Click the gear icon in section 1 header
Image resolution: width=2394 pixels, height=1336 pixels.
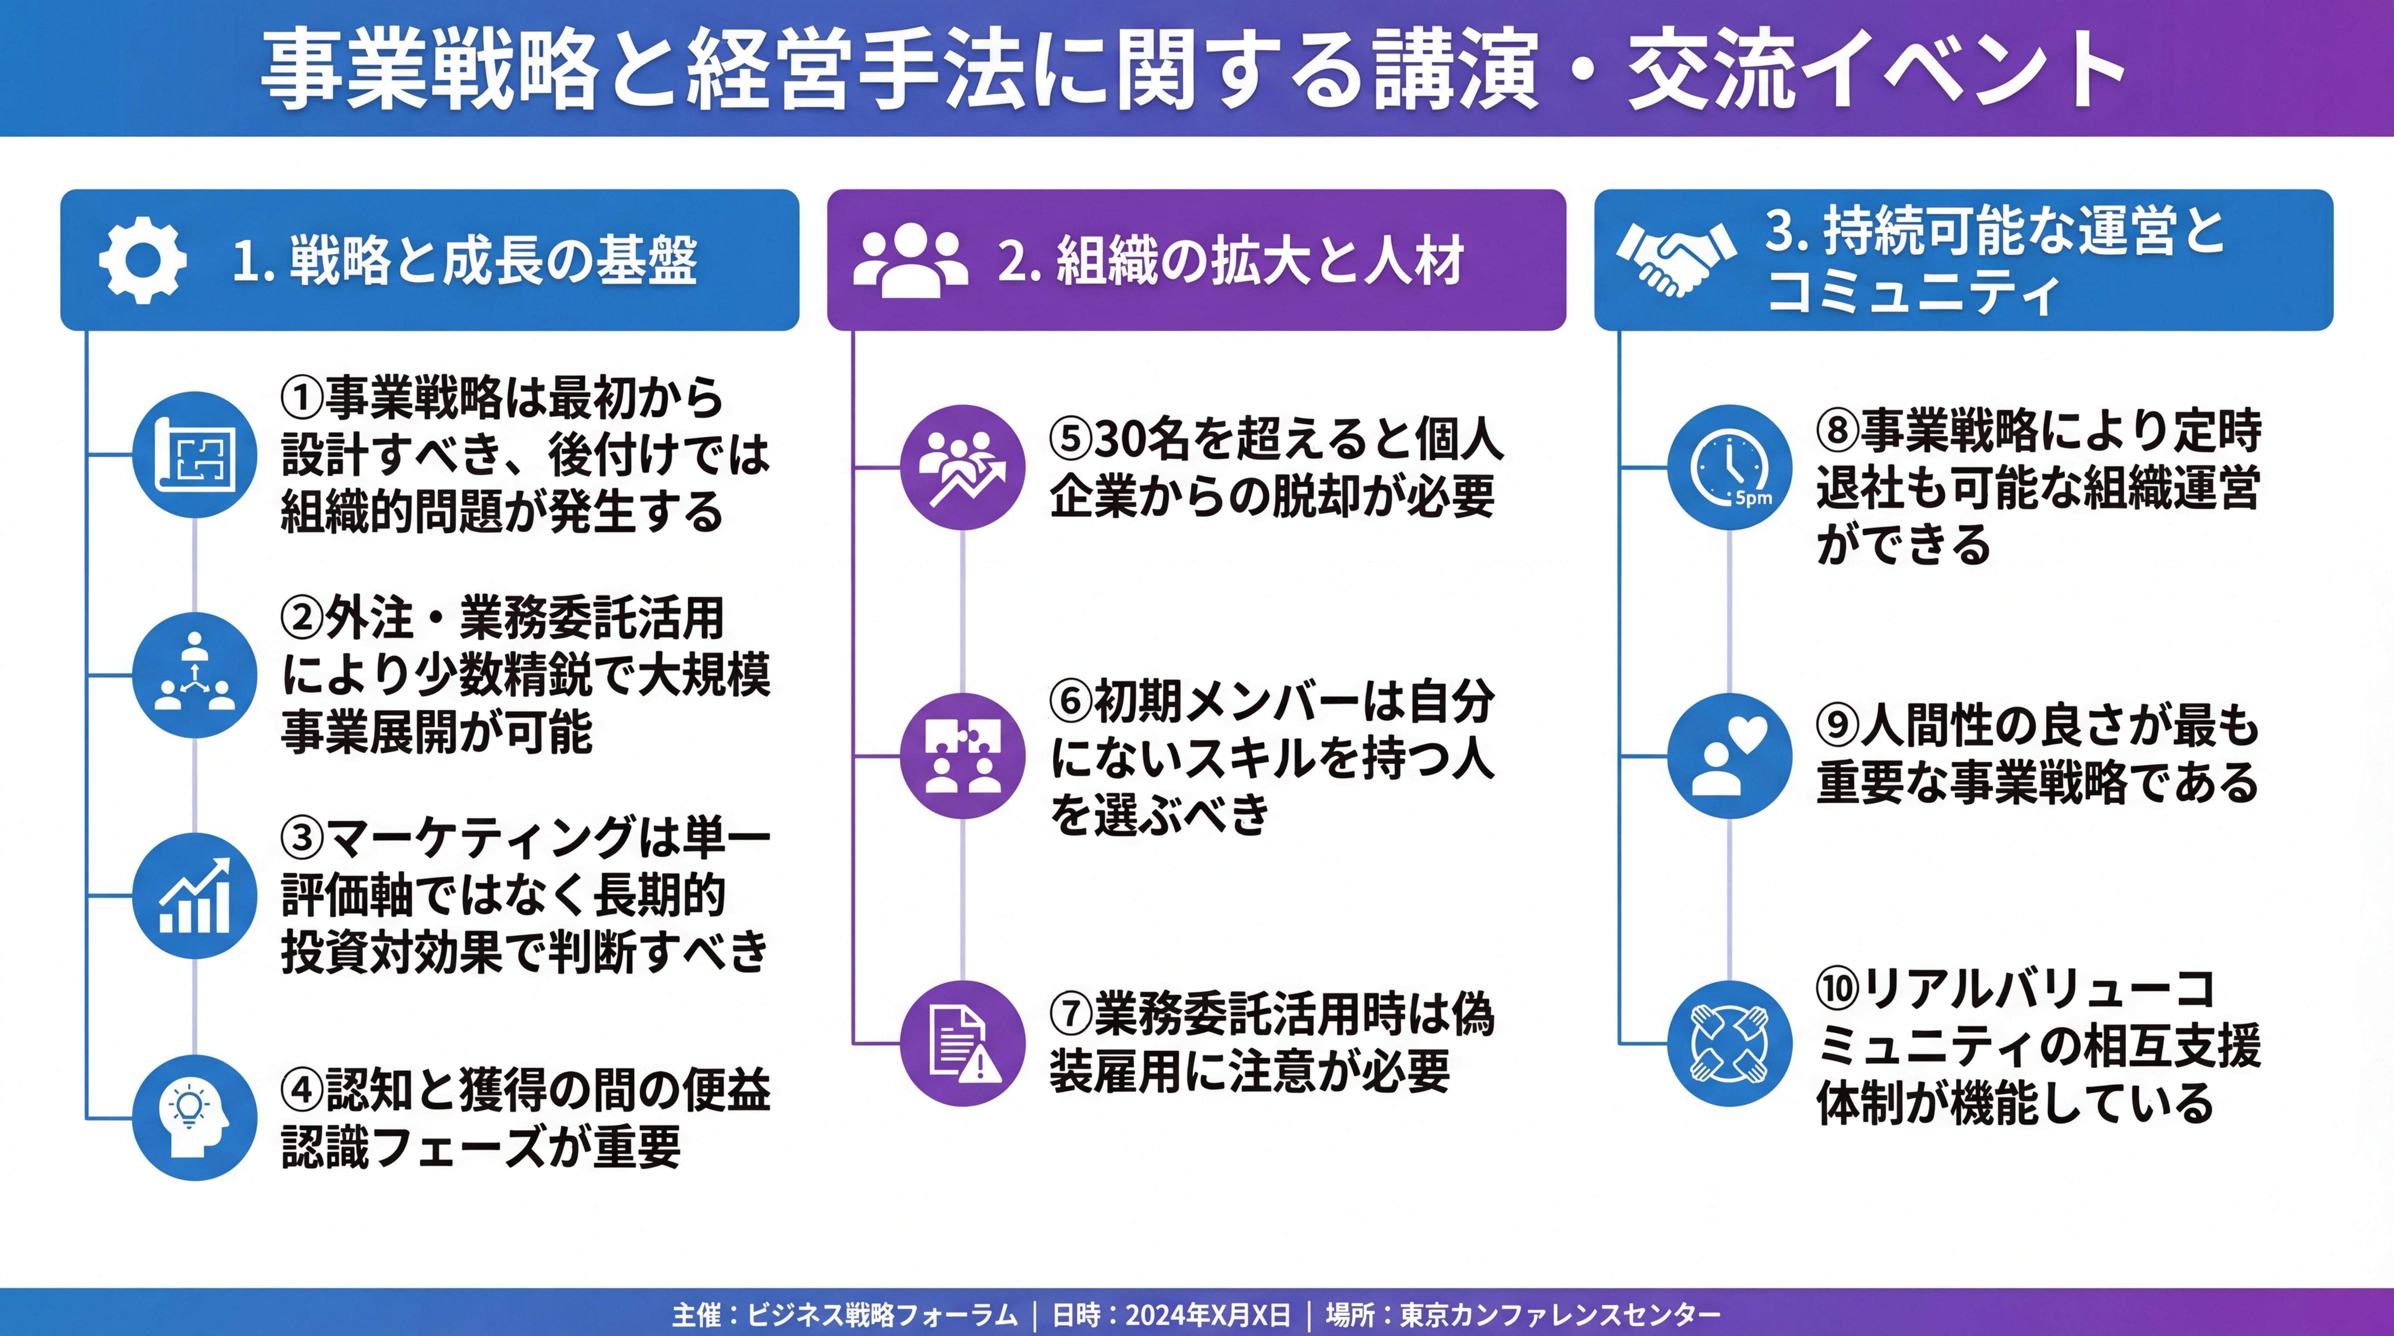pos(142,260)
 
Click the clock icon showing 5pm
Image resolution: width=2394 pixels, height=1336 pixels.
pos(1729,468)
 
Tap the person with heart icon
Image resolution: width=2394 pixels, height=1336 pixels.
pos(1729,755)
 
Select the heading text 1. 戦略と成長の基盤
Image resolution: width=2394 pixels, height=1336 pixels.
pos(465,260)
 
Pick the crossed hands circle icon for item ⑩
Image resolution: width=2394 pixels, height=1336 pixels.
pos(1729,1043)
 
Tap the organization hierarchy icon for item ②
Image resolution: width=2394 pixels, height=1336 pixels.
pos(194,675)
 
